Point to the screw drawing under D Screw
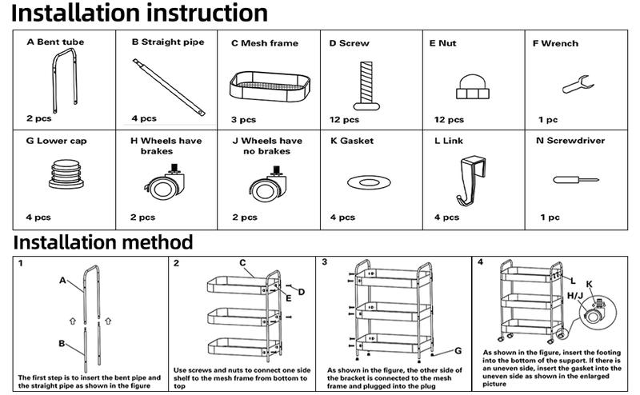point(366,84)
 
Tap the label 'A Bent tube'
point(55,42)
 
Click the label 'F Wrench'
point(555,43)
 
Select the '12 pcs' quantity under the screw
point(345,120)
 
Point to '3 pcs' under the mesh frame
point(244,120)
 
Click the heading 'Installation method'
point(103,241)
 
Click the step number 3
point(324,262)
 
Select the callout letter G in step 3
point(458,351)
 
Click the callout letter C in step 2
point(242,262)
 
